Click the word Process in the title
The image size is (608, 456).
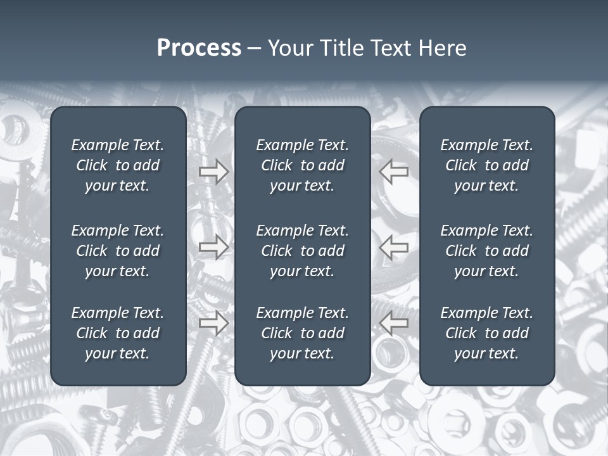click(x=199, y=48)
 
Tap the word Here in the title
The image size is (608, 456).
click(x=442, y=48)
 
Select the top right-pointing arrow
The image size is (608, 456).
click(x=213, y=172)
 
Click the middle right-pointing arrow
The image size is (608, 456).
click(x=213, y=247)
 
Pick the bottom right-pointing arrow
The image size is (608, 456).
click(x=213, y=324)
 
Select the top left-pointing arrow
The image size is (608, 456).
click(x=394, y=172)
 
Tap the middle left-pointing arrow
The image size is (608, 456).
click(x=394, y=247)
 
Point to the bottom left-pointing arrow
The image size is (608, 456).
click(x=394, y=324)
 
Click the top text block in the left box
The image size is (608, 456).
click(x=118, y=165)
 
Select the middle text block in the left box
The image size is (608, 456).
click(x=118, y=251)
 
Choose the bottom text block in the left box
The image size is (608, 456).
click(x=118, y=333)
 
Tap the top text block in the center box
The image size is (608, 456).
click(x=302, y=165)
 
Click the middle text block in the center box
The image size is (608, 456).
click(x=302, y=251)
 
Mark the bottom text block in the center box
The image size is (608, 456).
click(x=302, y=333)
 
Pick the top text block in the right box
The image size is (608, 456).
click(x=486, y=165)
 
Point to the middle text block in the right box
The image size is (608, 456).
click(x=486, y=251)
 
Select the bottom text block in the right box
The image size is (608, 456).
click(x=486, y=333)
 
